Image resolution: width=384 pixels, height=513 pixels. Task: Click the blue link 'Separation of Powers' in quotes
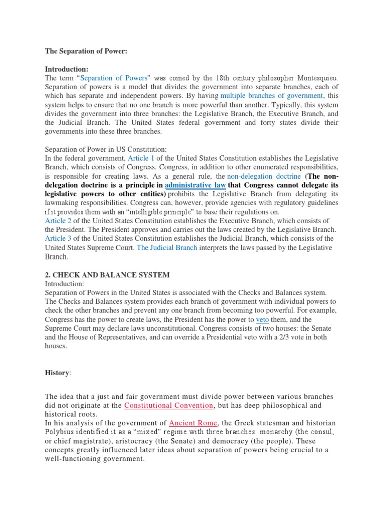tap(114, 78)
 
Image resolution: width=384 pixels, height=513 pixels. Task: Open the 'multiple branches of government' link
tap(272, 96)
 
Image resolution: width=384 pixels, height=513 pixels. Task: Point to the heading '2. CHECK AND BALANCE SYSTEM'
tap(107, 275)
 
